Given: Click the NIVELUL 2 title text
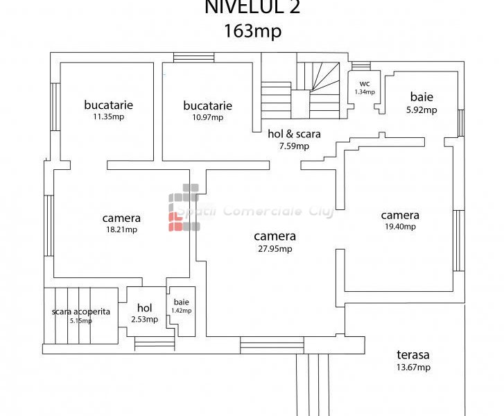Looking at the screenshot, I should (253, 8).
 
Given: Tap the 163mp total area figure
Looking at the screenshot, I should (253, 31).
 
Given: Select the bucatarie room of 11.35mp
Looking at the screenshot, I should (108, 111).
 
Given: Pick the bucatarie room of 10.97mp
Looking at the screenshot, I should (207, 111).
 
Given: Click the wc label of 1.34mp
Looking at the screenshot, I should (364, 87).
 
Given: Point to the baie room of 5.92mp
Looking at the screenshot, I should (422, 103).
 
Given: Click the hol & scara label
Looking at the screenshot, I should (294, 135).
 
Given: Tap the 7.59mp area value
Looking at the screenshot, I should (294, 146).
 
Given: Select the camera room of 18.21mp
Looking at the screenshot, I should (121, 223).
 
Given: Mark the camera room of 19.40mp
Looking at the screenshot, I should (400, 220).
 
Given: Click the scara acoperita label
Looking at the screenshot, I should (81, 311).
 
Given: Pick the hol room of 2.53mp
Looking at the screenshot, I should (144, 313).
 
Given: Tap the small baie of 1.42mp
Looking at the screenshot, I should (182, 306).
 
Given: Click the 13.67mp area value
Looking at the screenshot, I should (414, 367).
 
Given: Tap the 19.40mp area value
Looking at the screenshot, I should (400, 226).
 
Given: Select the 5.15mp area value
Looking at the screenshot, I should (81, 320).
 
